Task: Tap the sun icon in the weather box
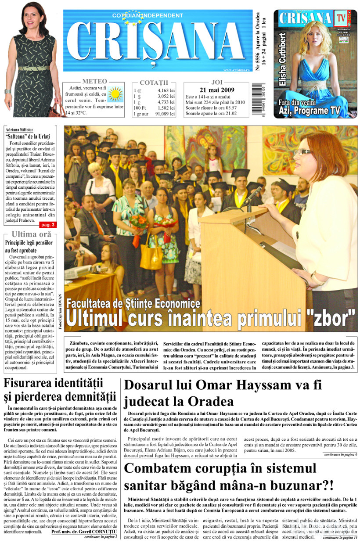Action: pos(116,94)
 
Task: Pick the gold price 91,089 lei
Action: pos(165,114)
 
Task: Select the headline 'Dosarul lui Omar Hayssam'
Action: pos(223,386)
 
